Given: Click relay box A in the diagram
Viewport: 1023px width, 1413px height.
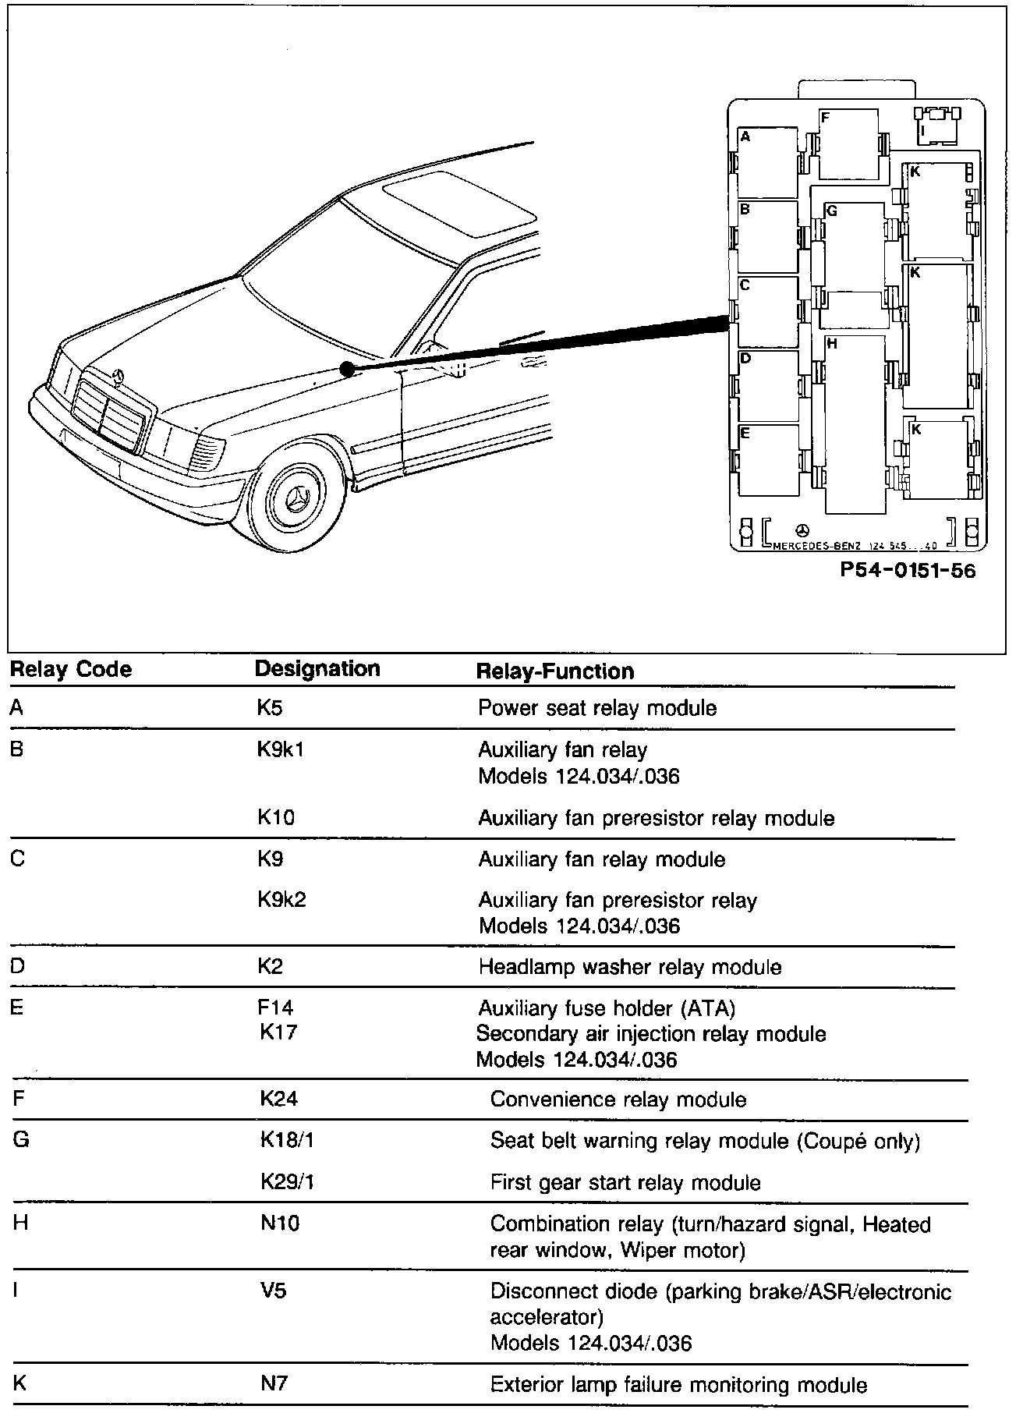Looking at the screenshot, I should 768,163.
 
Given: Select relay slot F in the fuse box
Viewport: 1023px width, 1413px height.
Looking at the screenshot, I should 848,145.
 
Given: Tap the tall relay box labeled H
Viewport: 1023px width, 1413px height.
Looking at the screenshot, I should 855,425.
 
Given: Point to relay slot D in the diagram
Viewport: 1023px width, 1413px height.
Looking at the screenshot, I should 769,387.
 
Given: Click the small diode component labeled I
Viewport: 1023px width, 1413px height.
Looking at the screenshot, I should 936,126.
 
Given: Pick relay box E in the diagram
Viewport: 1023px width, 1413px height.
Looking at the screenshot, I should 769,461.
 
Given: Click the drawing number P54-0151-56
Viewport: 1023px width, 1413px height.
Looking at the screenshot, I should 908,571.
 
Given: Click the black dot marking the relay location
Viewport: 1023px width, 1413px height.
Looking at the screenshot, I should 347,369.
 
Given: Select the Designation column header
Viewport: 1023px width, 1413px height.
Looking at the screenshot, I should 317,669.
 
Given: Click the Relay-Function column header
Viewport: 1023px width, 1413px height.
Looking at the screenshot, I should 555,671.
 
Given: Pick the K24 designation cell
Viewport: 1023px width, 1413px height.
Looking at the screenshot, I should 279,1100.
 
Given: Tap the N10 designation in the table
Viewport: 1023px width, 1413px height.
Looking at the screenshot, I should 280,1224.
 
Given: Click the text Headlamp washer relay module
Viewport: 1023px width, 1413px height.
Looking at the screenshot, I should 630,968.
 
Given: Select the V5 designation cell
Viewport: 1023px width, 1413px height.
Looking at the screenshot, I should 273,1291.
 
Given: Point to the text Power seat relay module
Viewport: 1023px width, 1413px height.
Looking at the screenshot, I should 597,708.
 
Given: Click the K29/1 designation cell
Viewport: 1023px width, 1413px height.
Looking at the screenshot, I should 287,1182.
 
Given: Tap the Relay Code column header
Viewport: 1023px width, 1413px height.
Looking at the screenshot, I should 70,670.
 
